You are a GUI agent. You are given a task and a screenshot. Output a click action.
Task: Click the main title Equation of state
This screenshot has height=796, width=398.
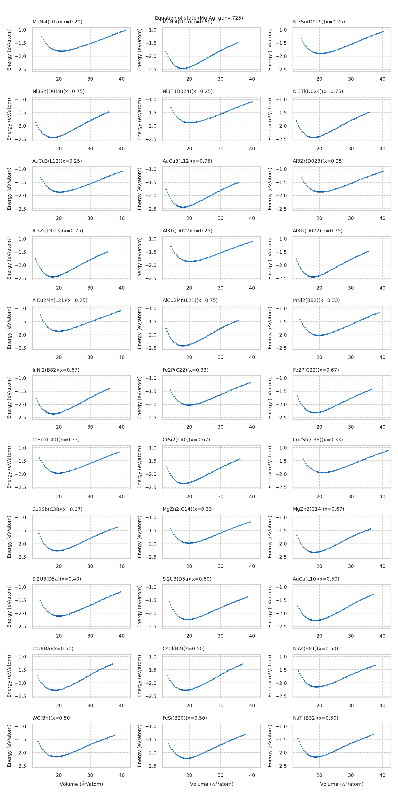[199, 18]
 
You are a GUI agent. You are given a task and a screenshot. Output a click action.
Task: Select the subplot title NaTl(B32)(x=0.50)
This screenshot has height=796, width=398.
[315, 718]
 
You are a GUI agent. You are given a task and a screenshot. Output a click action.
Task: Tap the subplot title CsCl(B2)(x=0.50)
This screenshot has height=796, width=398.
[184, 648]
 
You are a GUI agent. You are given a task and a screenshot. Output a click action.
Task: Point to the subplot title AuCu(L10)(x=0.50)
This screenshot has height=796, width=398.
[316, 579]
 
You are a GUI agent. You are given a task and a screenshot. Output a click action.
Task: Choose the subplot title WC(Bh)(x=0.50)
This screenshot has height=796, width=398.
[52, 718]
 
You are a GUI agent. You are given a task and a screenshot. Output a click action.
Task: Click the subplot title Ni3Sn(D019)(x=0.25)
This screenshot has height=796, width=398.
[319, 22]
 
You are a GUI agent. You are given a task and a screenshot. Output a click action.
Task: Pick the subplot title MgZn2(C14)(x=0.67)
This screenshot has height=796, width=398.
[318, 509]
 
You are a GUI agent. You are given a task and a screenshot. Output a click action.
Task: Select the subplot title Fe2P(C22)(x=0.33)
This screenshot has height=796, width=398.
[185, 370]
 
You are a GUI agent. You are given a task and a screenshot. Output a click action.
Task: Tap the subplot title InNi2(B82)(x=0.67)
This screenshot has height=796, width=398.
[56, 370]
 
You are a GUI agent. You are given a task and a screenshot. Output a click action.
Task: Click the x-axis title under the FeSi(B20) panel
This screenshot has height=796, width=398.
[211, 784]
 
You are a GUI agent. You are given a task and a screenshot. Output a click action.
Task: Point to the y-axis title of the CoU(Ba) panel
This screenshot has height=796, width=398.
[9, 676]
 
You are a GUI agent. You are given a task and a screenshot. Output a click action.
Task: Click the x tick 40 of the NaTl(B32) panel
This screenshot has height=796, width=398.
[382, 775]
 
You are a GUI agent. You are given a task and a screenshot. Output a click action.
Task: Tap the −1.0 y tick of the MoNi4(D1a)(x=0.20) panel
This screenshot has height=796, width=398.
[20, 30]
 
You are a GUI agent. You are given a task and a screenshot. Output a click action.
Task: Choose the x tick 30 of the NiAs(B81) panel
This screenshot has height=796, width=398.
[351, 705]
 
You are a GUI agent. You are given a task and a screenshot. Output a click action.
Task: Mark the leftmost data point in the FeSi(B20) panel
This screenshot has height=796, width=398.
[168, 743]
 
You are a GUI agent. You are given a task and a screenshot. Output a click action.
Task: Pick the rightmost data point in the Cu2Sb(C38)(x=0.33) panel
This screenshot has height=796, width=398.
[388, 450]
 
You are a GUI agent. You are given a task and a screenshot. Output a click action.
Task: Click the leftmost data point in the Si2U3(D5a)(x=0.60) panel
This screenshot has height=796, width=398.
[169, 602]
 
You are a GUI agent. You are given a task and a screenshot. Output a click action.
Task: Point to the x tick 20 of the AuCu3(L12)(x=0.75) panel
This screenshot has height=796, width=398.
[189, 218]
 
